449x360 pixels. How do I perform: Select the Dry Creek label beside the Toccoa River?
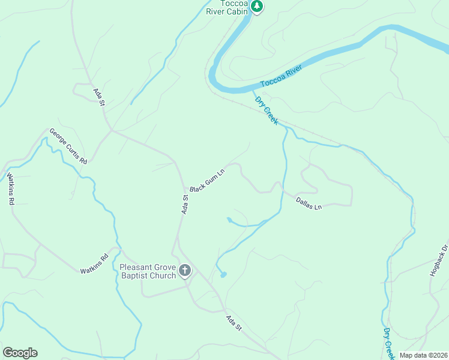pyautogui.click(x=267, y=110)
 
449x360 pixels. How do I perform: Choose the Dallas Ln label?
pyautogui.click(x=309, y=203)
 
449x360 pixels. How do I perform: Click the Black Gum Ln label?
pyautogui.click(x=207, y=180)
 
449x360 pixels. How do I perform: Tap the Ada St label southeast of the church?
pyautogui.click(x=234, y=323)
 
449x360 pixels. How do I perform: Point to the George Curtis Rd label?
pyautogui.click(x=68, y=146)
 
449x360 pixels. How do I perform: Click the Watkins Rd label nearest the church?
pyautogui.click(x=94, y=263)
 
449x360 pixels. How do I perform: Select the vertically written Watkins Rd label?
pyautogui.click(x=10, y=189)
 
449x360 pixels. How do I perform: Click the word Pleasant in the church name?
pyautogui.click(x=136, y=268)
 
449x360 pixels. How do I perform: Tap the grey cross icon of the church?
pyautogui.click(x=185, y=271)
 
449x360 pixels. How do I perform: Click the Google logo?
pyautogui.click(x=20, y=353)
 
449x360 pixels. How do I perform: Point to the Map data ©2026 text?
pyautogui.click(x=423, y=355)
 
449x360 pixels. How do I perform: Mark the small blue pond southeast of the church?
pyautogui.click(x=224, y=275)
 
